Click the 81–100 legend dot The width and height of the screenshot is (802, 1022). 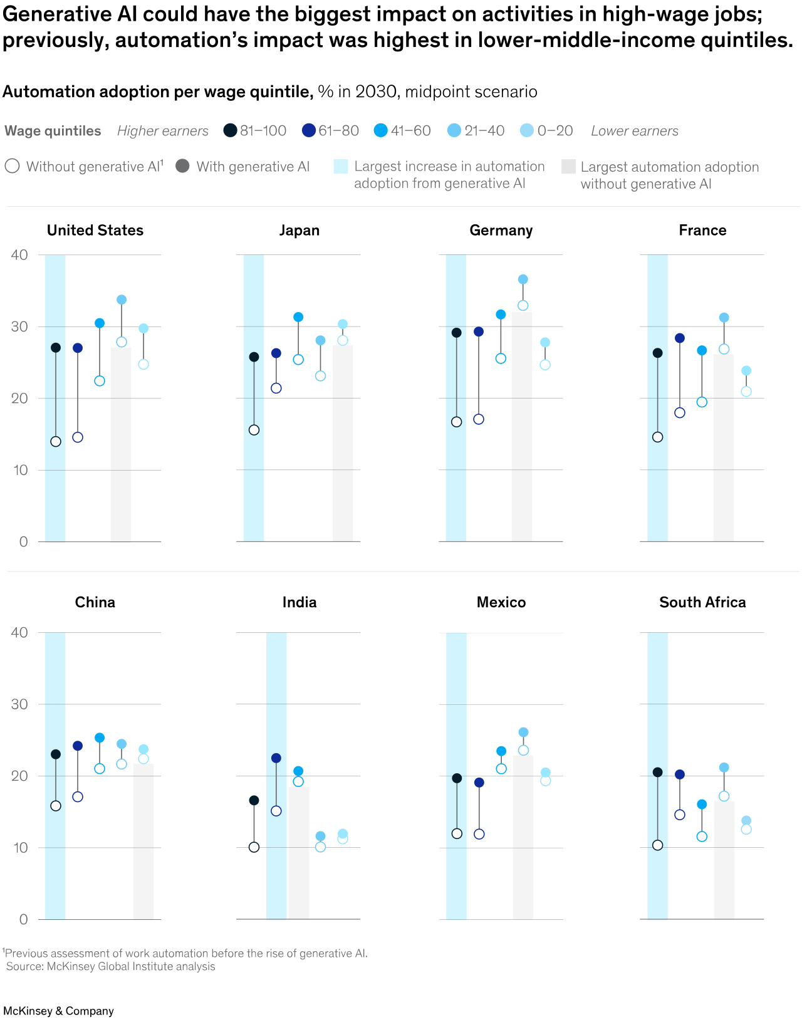point(230,130)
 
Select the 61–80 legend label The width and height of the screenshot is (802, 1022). point(338,130)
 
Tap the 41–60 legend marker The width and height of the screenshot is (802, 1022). point(380,130)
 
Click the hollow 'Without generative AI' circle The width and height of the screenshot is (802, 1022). point(12,166)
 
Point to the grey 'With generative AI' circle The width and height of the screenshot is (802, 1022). point(182,166)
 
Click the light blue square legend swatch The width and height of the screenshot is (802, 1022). point(340,167)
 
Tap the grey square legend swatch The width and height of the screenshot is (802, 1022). point(568,167)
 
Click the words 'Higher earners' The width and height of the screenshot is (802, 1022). point(162,131)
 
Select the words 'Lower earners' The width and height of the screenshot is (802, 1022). point(634,131)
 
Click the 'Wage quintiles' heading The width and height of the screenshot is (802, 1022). point(53,131)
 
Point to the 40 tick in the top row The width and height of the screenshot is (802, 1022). point(19,255)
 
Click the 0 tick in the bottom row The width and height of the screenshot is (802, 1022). point(24,919)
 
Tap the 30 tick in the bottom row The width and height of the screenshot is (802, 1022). point(19,704)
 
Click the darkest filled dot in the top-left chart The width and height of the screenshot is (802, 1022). point(56,348)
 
